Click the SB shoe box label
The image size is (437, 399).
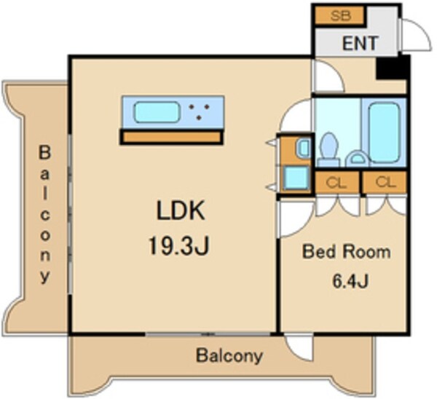pyautogui.click(x=341, y=15)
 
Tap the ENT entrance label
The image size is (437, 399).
pyautogui.click(x=360, y=43)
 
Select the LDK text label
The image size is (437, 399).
pyautogui.click(x=181, y=210)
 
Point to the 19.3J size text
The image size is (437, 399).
pyautogui.click(x=178, y=245)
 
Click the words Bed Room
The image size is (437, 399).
pyautogui.click(x=347, y=252)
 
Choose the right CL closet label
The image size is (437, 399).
pyautogui.click(x=385, y=182)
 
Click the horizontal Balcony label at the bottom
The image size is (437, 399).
pyautogui.click(x=229, y=356)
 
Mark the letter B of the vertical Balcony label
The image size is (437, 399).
pyautogui.click(x=44, y=152)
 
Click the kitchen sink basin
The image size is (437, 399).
pyautogui.click(x=157, y=112)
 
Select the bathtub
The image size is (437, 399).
pyautogui.click(x=384, y=133)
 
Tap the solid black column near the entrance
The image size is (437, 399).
pyautogui.click(x=390, y=68)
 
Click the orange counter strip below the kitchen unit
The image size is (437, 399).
pyautogui.click(x=171, y=137)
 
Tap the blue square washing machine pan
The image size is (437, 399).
pyautogui.click(x=296, y=178)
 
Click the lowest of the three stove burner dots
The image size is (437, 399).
pyautogui.click(x=199, y=118)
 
